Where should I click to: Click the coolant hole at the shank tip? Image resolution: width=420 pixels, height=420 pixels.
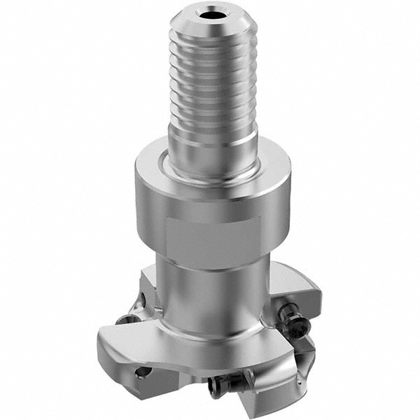[x=210, y=13]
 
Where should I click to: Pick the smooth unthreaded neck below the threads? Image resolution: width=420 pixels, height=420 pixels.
[x=210, y=143]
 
